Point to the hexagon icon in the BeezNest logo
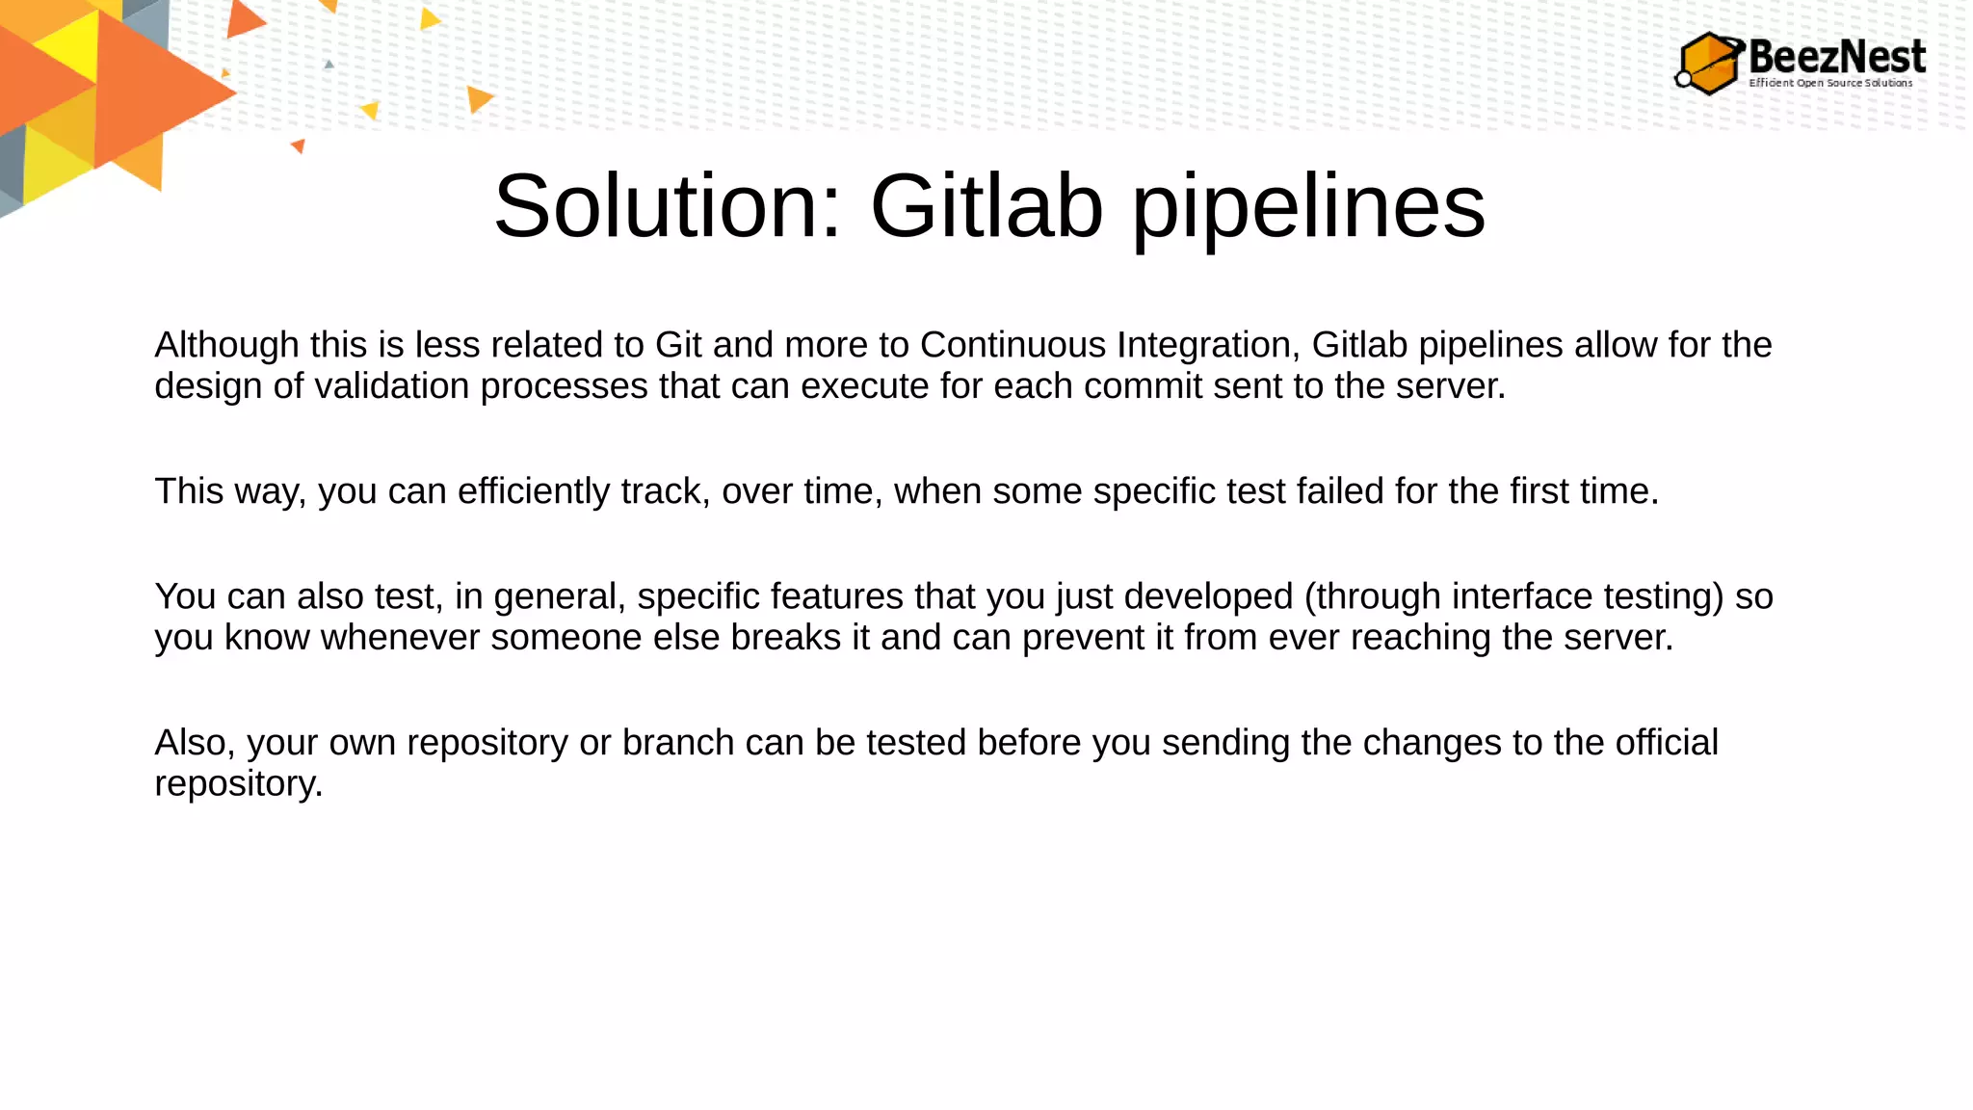(1710, 64)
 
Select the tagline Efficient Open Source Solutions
(1830, 83)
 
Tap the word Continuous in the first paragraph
(1013, 345)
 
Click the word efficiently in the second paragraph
(534, 491)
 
